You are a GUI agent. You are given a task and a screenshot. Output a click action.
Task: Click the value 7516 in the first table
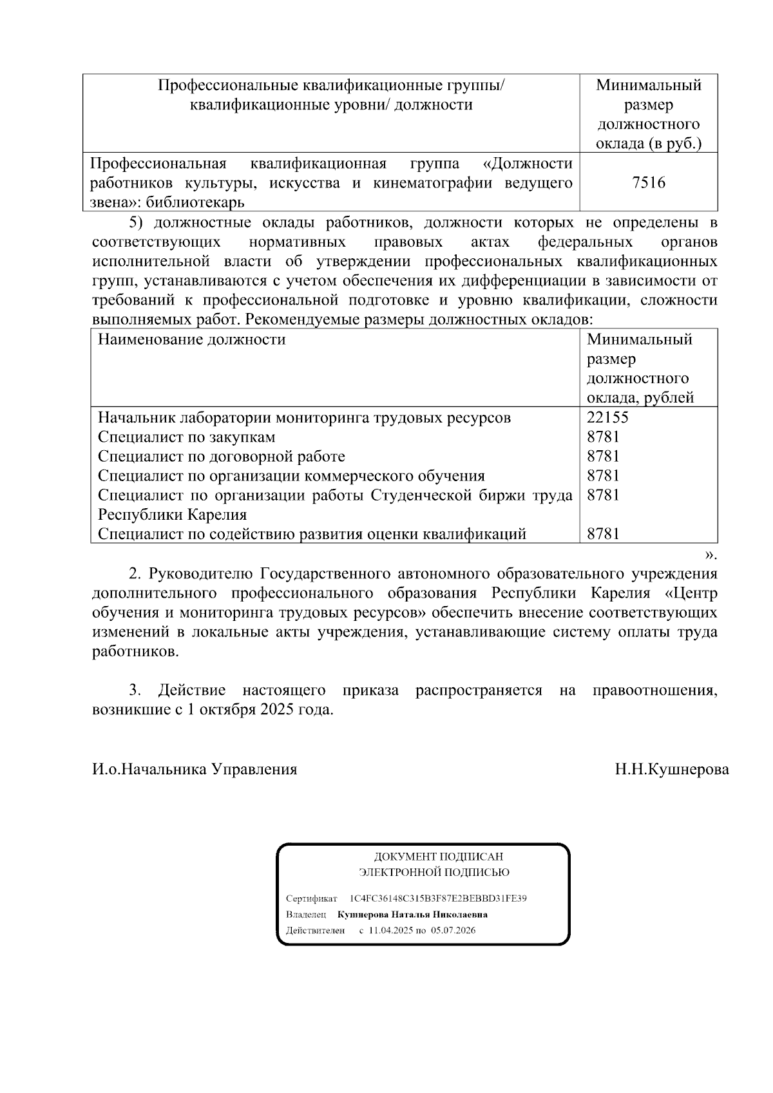pos(649,183)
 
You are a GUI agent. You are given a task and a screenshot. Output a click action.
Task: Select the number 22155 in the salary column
pos(607,417)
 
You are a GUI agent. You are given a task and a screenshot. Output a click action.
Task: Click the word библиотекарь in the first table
pos(195,202)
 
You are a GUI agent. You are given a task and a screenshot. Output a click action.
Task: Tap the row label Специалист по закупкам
pos(187,437)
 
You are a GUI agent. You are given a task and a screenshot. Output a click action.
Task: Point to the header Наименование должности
pos(191,339)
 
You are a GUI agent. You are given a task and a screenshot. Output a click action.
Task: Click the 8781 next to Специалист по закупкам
pos(603,437)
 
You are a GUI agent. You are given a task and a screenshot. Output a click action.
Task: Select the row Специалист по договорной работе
pos(221,456)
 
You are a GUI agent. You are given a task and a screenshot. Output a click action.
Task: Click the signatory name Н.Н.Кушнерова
pos(672,769)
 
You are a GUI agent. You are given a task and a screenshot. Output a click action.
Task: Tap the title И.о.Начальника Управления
pos(195,769)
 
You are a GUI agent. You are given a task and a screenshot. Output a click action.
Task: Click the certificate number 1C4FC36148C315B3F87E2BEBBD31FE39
pos(438,898)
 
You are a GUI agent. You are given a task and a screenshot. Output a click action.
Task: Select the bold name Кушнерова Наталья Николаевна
pos(412,914)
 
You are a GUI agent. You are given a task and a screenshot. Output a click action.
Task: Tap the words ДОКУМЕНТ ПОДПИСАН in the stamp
pos(438,857)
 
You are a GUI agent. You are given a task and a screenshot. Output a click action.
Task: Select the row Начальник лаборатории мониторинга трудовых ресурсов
pos(304,417)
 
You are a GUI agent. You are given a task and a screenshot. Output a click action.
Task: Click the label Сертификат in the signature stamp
pos(311,898)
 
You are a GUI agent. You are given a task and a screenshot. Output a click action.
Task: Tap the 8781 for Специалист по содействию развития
pos(603,533)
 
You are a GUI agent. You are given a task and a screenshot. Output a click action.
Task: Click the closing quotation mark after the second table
pos(711,553)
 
